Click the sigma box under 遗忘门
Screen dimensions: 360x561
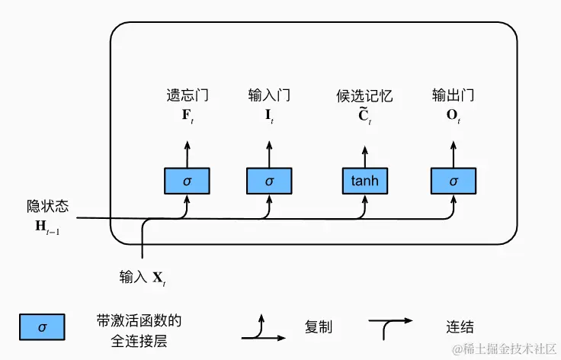[187, 182]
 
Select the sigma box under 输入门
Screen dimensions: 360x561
[269, 182]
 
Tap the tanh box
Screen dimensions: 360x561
[364, 182]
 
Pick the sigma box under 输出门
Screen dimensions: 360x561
[454, 182]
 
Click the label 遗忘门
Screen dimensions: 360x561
[187, 96]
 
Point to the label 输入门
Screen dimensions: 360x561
[269, 96]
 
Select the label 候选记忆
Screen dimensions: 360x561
[364, 96]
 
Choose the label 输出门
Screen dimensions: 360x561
[454, 96]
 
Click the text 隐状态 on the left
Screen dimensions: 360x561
[47, 207]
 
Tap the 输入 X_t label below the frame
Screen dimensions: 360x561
[143, 278]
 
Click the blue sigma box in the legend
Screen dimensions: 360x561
[42, 327]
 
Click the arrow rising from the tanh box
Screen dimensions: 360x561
[364, 153]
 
